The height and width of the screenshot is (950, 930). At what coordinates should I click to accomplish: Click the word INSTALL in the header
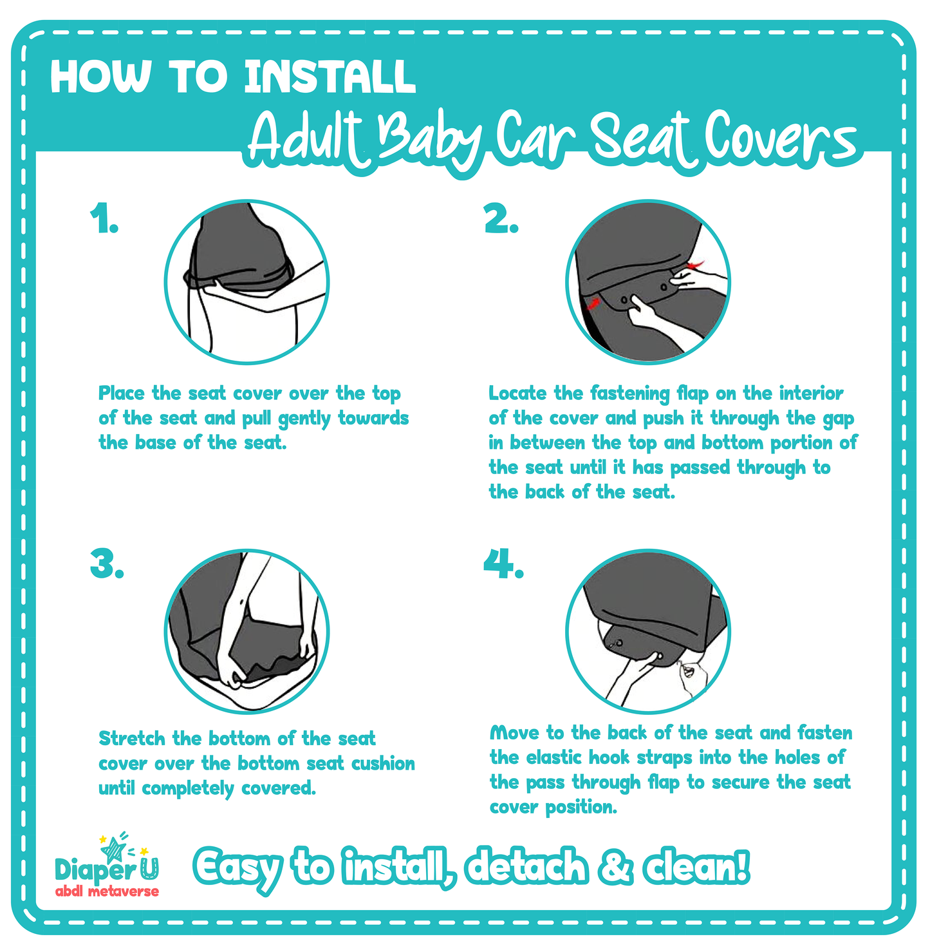tap(330, 77)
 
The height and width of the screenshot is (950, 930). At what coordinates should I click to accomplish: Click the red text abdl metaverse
tap(107, 892)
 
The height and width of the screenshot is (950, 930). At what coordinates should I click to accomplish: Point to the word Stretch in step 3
tap(132, 738)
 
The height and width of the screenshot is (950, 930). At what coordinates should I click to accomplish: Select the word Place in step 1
tap(122, 393)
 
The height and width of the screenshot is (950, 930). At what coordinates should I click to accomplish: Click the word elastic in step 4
tap(554, 757)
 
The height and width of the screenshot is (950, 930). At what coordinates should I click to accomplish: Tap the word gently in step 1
tap(304, 419)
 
